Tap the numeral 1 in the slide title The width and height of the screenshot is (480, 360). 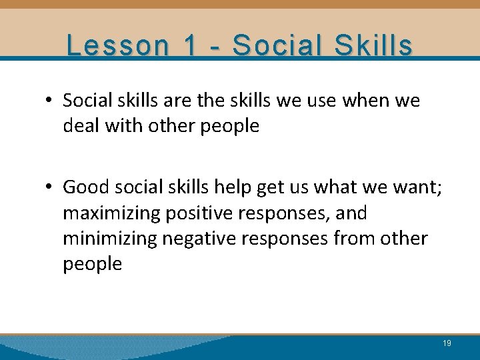coord(191,45)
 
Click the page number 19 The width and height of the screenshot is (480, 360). coord(447,343)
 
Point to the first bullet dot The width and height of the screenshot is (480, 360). coord(50,101)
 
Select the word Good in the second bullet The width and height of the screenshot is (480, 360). coord(85,188)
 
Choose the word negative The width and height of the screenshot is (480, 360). coord(216,239)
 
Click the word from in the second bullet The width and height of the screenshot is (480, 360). coord(352,239)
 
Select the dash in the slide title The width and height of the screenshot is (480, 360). coord(216,47)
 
